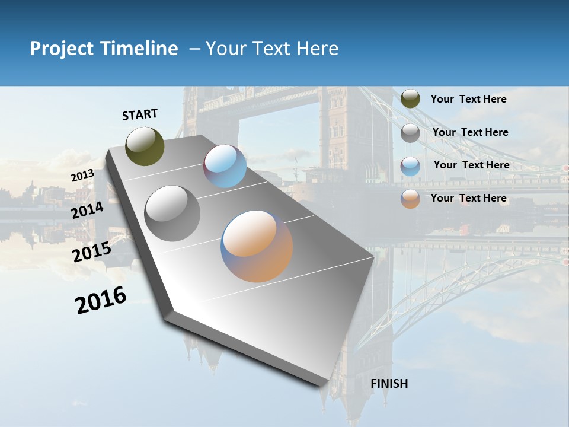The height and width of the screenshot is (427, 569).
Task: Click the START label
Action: [140, 114]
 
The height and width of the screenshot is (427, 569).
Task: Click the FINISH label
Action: [389, 384]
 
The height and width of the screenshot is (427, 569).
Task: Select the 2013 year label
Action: [82, 176]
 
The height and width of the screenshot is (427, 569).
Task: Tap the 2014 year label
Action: [87, 210]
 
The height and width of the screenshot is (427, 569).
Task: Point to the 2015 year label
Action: [91, 252]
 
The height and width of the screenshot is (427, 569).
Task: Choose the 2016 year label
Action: [101, 300]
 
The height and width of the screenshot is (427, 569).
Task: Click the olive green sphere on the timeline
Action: [145, 146]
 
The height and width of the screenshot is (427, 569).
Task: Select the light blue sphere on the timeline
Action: [225, 166]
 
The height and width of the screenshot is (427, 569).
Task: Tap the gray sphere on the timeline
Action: [172, 213]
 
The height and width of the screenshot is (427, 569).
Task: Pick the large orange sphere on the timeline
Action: [257, 246]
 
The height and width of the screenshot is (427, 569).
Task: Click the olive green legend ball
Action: [410, 99]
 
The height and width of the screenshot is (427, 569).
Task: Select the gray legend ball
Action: [410, 133]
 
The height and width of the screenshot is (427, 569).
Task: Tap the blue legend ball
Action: [410, 166]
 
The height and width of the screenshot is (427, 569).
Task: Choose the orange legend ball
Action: [410, 199]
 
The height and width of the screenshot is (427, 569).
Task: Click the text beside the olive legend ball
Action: [468, 99]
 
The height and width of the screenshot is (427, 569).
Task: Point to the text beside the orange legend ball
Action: [468, 198]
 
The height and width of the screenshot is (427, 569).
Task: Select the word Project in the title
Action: [62, 49]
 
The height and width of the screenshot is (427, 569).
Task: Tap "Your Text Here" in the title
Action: [272, 49]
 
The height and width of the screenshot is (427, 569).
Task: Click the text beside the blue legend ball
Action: [471, 165]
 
